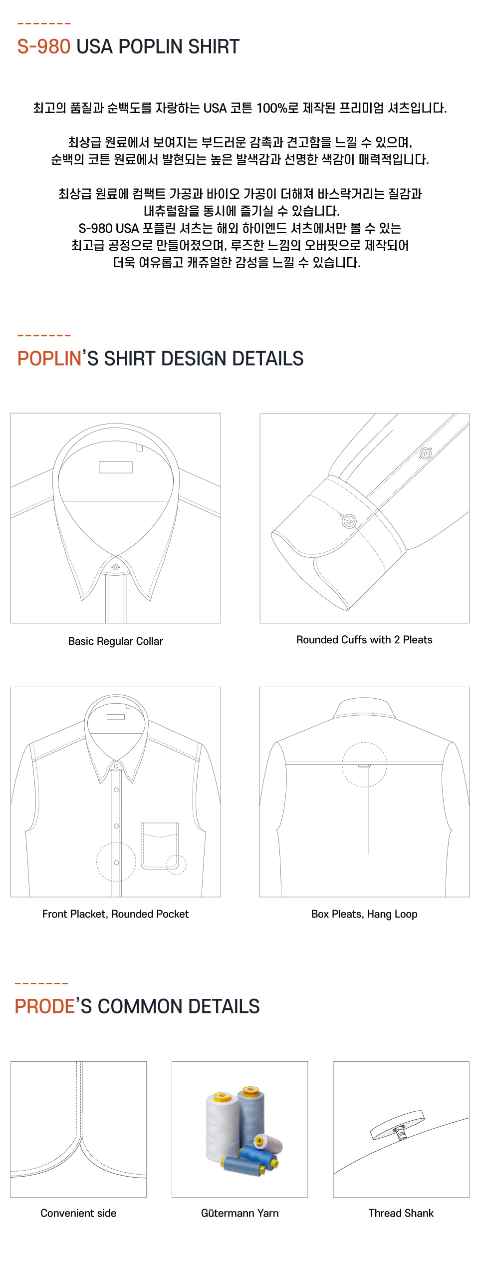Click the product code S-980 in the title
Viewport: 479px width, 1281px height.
click(44, 46)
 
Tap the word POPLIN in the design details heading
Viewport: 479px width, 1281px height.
click(49, 359)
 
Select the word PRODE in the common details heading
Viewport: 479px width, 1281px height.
click(44, 1006)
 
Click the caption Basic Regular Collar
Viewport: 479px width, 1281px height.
click(115, 641)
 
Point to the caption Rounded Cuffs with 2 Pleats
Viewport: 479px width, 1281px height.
click(364, 640)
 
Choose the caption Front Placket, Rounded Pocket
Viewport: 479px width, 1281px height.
click(115, 914)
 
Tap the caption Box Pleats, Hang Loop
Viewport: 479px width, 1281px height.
click(364, 914)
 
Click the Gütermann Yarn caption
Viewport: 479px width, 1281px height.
click(239, 1213)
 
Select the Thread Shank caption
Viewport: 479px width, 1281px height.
click(401, 1213)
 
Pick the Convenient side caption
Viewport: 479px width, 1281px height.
click(78, 1213)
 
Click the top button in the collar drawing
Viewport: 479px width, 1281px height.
click(116, 567)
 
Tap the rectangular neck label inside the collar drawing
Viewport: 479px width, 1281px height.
click(115, 467)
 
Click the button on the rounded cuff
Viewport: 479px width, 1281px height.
click(349, 521)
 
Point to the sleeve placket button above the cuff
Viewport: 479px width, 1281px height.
click(425, 453)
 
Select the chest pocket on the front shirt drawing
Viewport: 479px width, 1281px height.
click(160, 846)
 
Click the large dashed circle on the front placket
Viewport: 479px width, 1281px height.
click(116, 862)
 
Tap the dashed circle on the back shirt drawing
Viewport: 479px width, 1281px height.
click(364, 765)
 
